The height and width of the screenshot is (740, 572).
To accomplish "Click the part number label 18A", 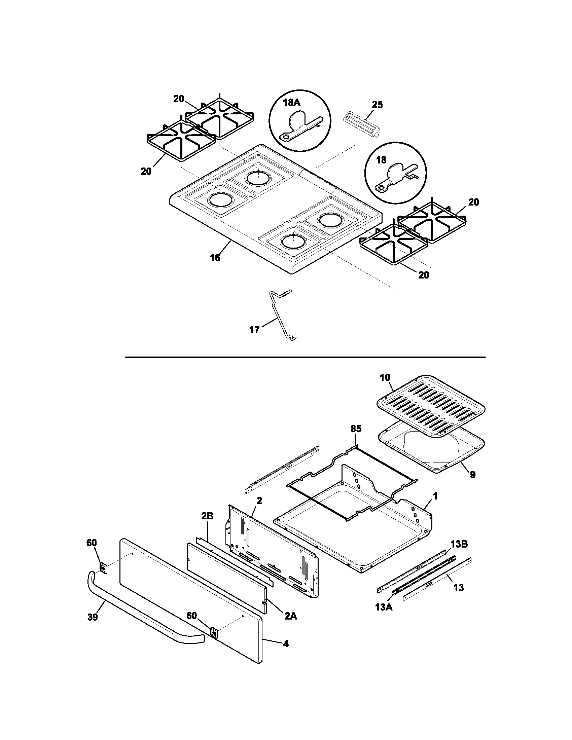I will click(x=292, y=103).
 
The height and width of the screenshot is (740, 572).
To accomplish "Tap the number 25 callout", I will click(x=377, y=105).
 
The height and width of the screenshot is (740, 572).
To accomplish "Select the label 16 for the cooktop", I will click(x=215, y=258).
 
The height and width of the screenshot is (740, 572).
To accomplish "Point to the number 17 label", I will click(x=254, y=329).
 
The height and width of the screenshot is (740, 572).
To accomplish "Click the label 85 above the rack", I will click(x=356, y=429).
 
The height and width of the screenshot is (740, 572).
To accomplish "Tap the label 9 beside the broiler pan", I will click(x=472, y=475).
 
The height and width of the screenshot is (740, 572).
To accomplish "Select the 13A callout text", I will click(x=384, y=607).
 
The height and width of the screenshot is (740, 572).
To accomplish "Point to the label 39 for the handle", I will click(x=92, y=617).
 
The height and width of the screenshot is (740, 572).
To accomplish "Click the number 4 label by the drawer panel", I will click(x=286, y=643).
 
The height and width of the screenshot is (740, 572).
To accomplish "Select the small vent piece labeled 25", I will click(x=361, y=125).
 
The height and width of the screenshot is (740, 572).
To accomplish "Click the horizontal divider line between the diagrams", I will click(x=305, y=357).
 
